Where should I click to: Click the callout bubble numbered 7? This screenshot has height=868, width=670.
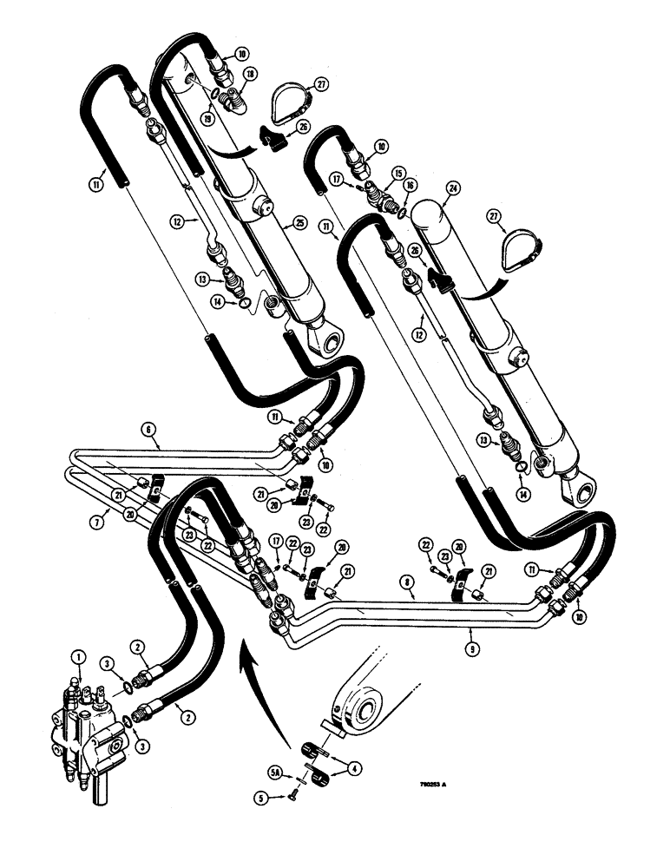click(97, 521)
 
